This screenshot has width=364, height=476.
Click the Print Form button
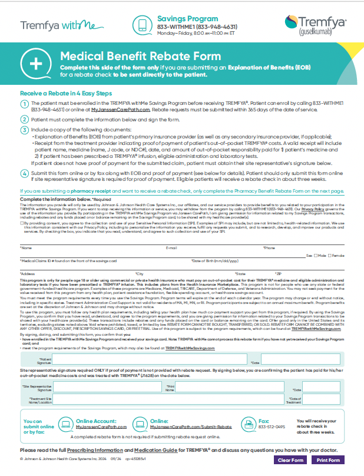coord(327,460)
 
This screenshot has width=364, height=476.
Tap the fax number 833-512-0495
coord(272,427)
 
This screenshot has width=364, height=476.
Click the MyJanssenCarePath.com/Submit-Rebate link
coord(201,427)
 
